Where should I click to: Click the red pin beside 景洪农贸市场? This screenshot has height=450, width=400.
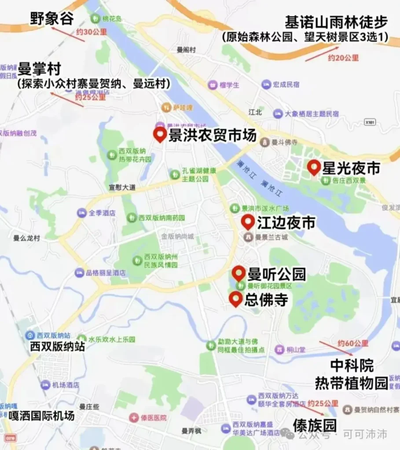point(159,134)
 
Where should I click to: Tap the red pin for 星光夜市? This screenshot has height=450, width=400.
point(313,167)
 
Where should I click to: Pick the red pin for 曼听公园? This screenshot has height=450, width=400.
point(239,273)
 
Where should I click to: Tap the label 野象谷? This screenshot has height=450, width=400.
point(51,18)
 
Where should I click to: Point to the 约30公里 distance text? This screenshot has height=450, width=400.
point(92,32)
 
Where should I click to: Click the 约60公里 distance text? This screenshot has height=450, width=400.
point(353,343)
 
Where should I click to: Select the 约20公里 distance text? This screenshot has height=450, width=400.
point(343,57)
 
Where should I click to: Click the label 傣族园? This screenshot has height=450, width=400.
point(315,425)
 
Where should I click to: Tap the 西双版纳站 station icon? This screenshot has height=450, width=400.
point(30,335)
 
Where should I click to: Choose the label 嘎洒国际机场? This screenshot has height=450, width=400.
point(41,415)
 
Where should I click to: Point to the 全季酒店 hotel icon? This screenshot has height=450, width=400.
point(81,213)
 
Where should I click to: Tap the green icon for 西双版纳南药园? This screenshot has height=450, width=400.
point(131,218)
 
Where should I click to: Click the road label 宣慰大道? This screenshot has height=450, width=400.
point(122,188)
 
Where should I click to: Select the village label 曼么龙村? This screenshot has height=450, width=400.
point(26,238)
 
